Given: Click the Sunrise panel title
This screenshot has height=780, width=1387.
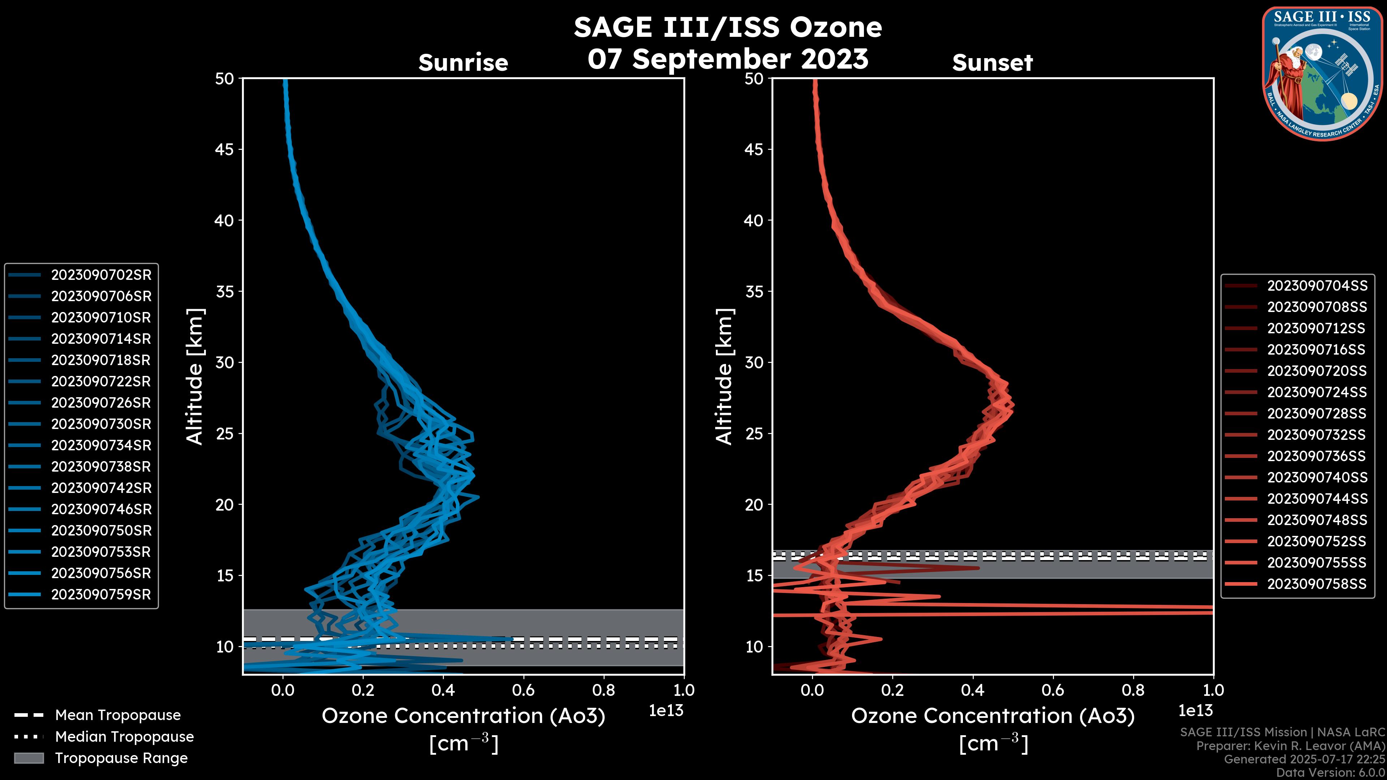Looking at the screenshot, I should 463,63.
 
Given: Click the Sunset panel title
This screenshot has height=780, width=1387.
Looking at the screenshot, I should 992,63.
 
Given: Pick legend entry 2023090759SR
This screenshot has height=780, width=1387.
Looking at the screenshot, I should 101,595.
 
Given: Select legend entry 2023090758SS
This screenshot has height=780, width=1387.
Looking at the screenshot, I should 1317,584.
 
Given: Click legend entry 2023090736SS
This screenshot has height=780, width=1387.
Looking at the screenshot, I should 1317,456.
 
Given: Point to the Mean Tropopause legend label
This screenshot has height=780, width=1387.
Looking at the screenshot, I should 118,715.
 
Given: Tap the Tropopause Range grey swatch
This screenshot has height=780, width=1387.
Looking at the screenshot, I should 29,758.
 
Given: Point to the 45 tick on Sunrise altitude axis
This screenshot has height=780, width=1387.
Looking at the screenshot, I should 225,149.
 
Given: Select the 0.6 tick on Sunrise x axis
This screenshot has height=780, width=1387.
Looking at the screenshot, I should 523,690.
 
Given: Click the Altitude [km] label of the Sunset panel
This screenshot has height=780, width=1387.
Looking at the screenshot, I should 725,377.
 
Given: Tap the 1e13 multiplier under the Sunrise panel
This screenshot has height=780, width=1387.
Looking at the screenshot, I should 666,711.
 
